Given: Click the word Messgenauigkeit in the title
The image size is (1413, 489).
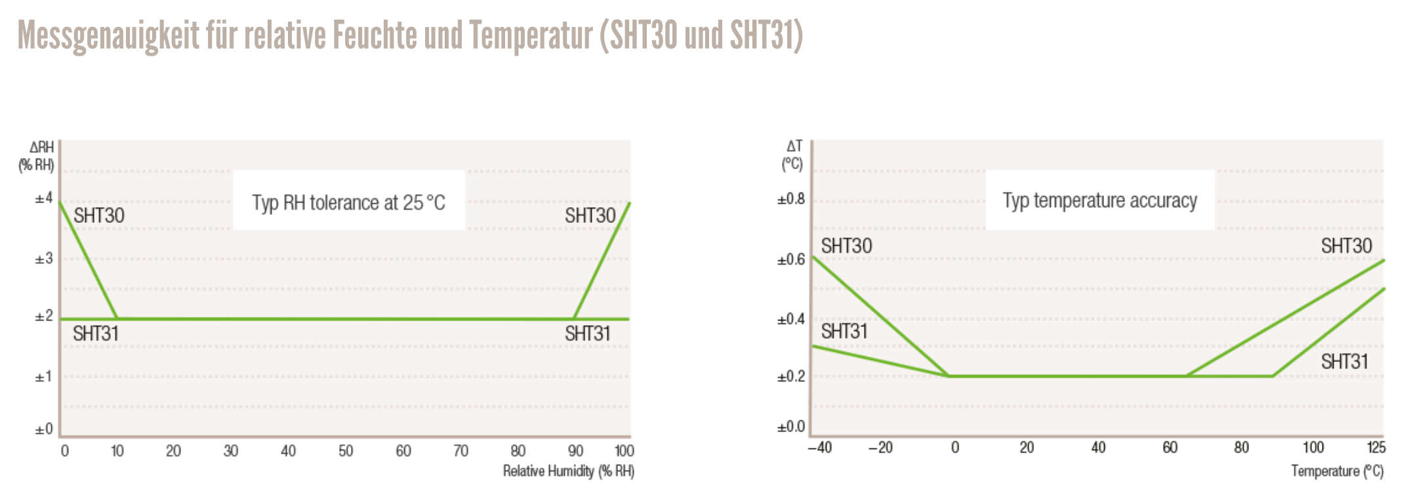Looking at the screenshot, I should (108, 35).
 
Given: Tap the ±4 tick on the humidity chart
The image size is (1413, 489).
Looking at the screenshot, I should (44, 198).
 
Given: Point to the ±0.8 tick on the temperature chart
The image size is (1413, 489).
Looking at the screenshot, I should (791, 199).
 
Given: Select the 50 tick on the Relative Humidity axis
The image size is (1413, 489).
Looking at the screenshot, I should (346, 451).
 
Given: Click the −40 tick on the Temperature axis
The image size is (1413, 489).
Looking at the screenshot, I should (819, 448).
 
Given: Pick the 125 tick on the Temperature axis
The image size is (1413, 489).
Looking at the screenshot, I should (1376, 448).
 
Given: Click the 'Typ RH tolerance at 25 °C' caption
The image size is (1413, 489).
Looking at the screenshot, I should (348, 203).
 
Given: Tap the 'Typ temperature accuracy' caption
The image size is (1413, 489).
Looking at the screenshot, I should (1099, 200).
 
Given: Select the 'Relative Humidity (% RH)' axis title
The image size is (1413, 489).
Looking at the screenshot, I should (568, 471).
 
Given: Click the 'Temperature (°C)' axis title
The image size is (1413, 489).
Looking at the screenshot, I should (1337, 471).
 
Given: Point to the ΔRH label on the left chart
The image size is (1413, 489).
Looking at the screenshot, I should (41, 147).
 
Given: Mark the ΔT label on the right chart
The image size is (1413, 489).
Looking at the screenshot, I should (794, 146).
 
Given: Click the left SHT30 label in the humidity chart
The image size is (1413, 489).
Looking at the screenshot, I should (99, 216).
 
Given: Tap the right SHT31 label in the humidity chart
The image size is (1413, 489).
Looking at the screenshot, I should (588, 334).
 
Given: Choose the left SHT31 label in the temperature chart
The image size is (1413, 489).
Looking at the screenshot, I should (844, 332).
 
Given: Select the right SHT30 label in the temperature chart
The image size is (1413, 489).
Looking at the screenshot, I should (1346, 246).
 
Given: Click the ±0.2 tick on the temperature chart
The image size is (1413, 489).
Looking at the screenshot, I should (791, 377).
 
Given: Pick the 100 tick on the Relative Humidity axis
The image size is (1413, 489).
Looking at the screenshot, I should (624, 451).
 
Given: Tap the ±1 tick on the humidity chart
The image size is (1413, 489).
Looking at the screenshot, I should (44, 377).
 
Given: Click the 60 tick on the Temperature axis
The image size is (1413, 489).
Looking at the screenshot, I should (1170, 448).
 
